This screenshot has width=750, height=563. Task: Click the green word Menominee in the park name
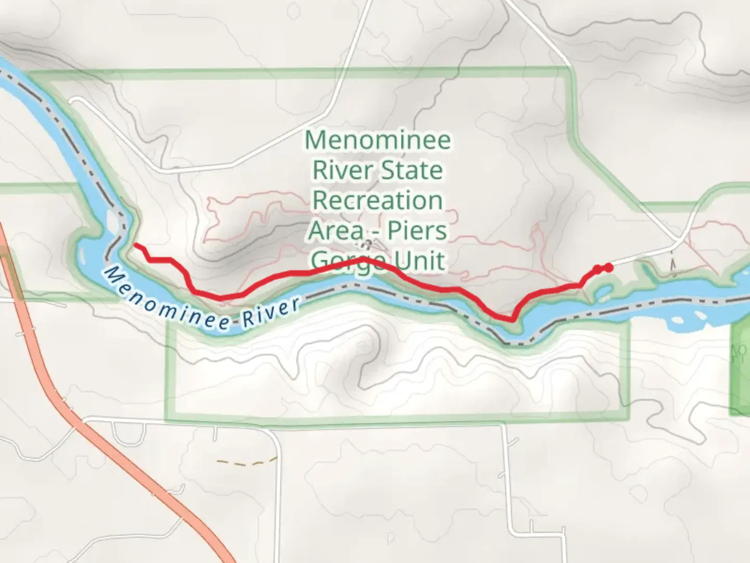tap(378, 140)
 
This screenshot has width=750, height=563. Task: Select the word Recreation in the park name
tap(378, 201)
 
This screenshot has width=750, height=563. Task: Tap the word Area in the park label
tap(336, 230)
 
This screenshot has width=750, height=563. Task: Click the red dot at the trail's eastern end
tap(607, 268)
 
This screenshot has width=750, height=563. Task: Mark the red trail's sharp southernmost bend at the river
tap(512, 319)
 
